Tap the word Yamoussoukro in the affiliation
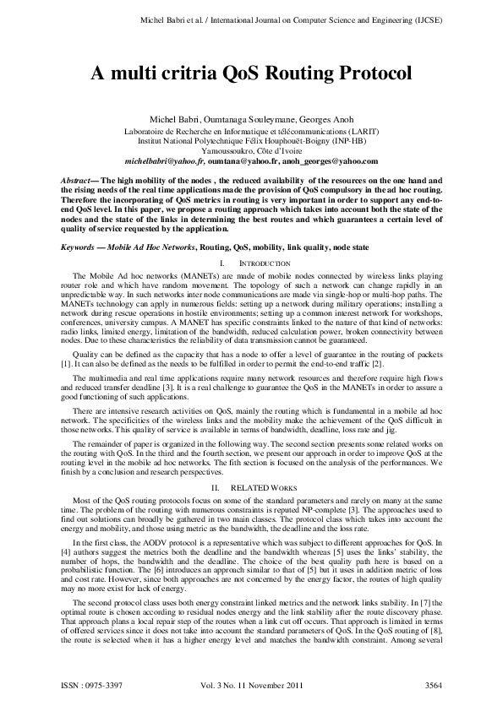pos(218,151)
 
